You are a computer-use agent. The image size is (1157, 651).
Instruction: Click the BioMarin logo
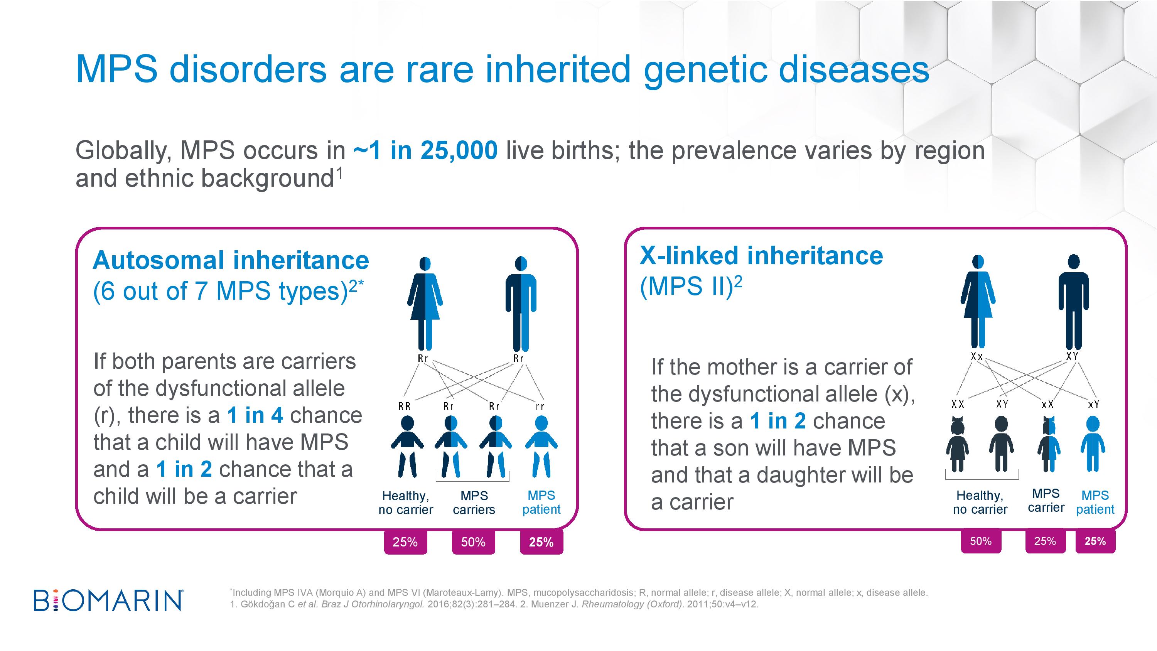tap(108, 600)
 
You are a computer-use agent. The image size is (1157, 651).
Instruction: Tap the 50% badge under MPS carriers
tap(473, 542)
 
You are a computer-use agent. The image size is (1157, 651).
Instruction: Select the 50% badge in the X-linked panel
tap(981, 541)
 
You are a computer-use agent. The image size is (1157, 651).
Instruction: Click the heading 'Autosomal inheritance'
tap(231, 260)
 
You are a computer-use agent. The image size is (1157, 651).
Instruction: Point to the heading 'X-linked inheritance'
tap(761, 256)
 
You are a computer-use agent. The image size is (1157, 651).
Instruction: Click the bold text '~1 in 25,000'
tap(425, 150)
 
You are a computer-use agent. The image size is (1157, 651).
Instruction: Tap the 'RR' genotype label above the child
tap(404, 406)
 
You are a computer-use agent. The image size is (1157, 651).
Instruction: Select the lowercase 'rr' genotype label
tap(540, 406)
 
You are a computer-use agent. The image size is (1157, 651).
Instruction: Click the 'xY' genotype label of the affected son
tap(1094, 404)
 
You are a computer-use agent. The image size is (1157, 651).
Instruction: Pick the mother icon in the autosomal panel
tap(425, 303)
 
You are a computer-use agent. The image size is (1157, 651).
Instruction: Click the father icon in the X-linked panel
tap(1073, 302)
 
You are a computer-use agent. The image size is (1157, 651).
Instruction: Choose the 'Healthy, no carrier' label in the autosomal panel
tap(406, 503)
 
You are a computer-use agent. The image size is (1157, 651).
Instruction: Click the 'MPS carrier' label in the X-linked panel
tap(1046, 501)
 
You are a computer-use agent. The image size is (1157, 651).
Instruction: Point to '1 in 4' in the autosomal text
tap(255, 415)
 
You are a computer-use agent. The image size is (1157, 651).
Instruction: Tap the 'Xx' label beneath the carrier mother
tap(977, 356)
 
